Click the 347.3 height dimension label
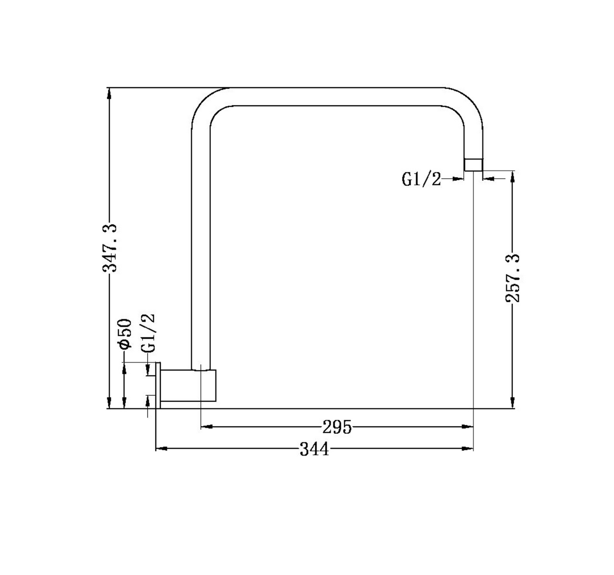110,248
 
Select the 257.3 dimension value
513,278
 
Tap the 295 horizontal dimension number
337,427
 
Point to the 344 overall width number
315,449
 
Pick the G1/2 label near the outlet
421,179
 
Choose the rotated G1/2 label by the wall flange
148,333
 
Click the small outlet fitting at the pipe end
473,165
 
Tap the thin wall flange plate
158,385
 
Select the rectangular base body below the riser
188,385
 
